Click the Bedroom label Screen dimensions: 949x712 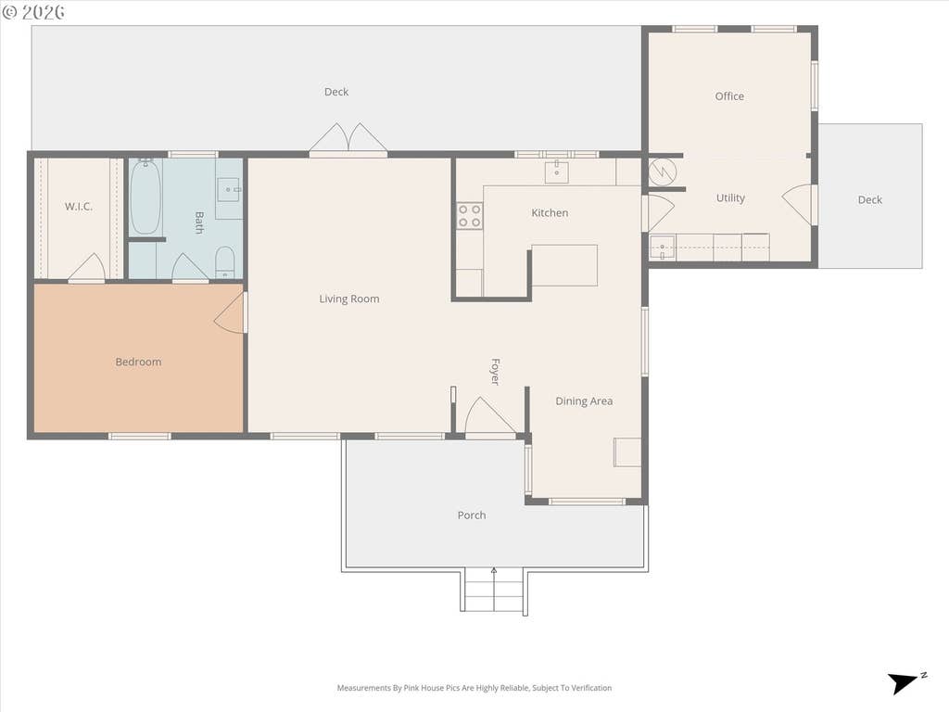(x=138, y=362)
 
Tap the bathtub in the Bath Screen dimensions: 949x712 (x=146, y=197)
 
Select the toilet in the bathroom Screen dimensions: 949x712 (x=224, y=262)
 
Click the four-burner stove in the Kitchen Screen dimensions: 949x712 (x=469, y=216)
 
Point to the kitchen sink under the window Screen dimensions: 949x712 (x=556, y=172)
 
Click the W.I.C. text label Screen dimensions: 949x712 (x=79, y=207)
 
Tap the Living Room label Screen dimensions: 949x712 (x=349, y=299)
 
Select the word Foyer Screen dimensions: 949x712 (x=495, y=372)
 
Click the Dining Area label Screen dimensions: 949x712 (x=584, y=400)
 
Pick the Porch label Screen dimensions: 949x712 (x=472, y=515)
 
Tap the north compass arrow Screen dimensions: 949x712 (x=904, y=682)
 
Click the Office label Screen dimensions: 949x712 (x=729, y=96)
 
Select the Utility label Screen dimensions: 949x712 (x=730, y=198)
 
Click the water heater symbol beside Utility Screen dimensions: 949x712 (x=663, y=172)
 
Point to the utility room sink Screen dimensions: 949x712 (x=663, y=248)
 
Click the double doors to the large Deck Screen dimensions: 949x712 (x=348, y=139)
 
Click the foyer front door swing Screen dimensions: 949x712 (x=490, y=416)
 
